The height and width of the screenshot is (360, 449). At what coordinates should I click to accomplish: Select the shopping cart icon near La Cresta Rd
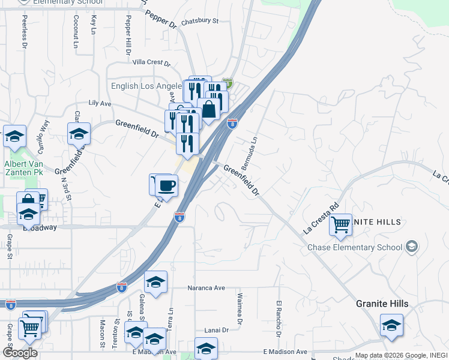coord(341,224)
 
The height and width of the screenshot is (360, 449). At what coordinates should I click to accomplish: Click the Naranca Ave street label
coord(206,288)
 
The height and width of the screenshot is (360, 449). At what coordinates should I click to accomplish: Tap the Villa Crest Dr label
coord(151,62)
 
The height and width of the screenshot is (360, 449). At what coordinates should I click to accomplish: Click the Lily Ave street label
coord(100,104)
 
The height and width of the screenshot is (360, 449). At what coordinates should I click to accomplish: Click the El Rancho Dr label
coord(279,318)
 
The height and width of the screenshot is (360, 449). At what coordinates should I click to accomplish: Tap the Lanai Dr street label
coord(217,330)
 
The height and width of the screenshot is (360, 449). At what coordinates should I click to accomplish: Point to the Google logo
coord(20,353)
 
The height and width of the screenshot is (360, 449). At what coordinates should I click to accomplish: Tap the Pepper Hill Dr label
coord(128,38)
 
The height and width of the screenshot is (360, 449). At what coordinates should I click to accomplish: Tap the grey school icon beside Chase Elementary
coord(412,246)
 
